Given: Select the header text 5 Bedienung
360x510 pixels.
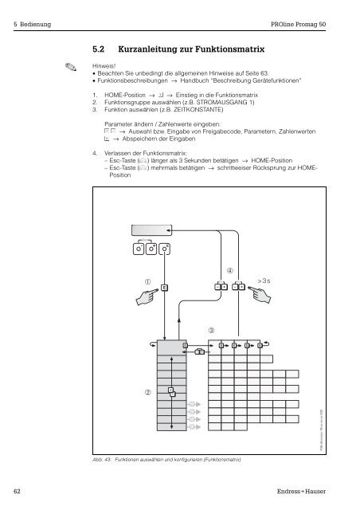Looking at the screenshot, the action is tap(32, 25).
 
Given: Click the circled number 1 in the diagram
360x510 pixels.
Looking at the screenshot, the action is tap(148, 280).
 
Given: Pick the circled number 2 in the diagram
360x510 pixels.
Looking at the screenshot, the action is tap(147, 392).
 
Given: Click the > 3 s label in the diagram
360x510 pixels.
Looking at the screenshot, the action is tap(266, 280).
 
